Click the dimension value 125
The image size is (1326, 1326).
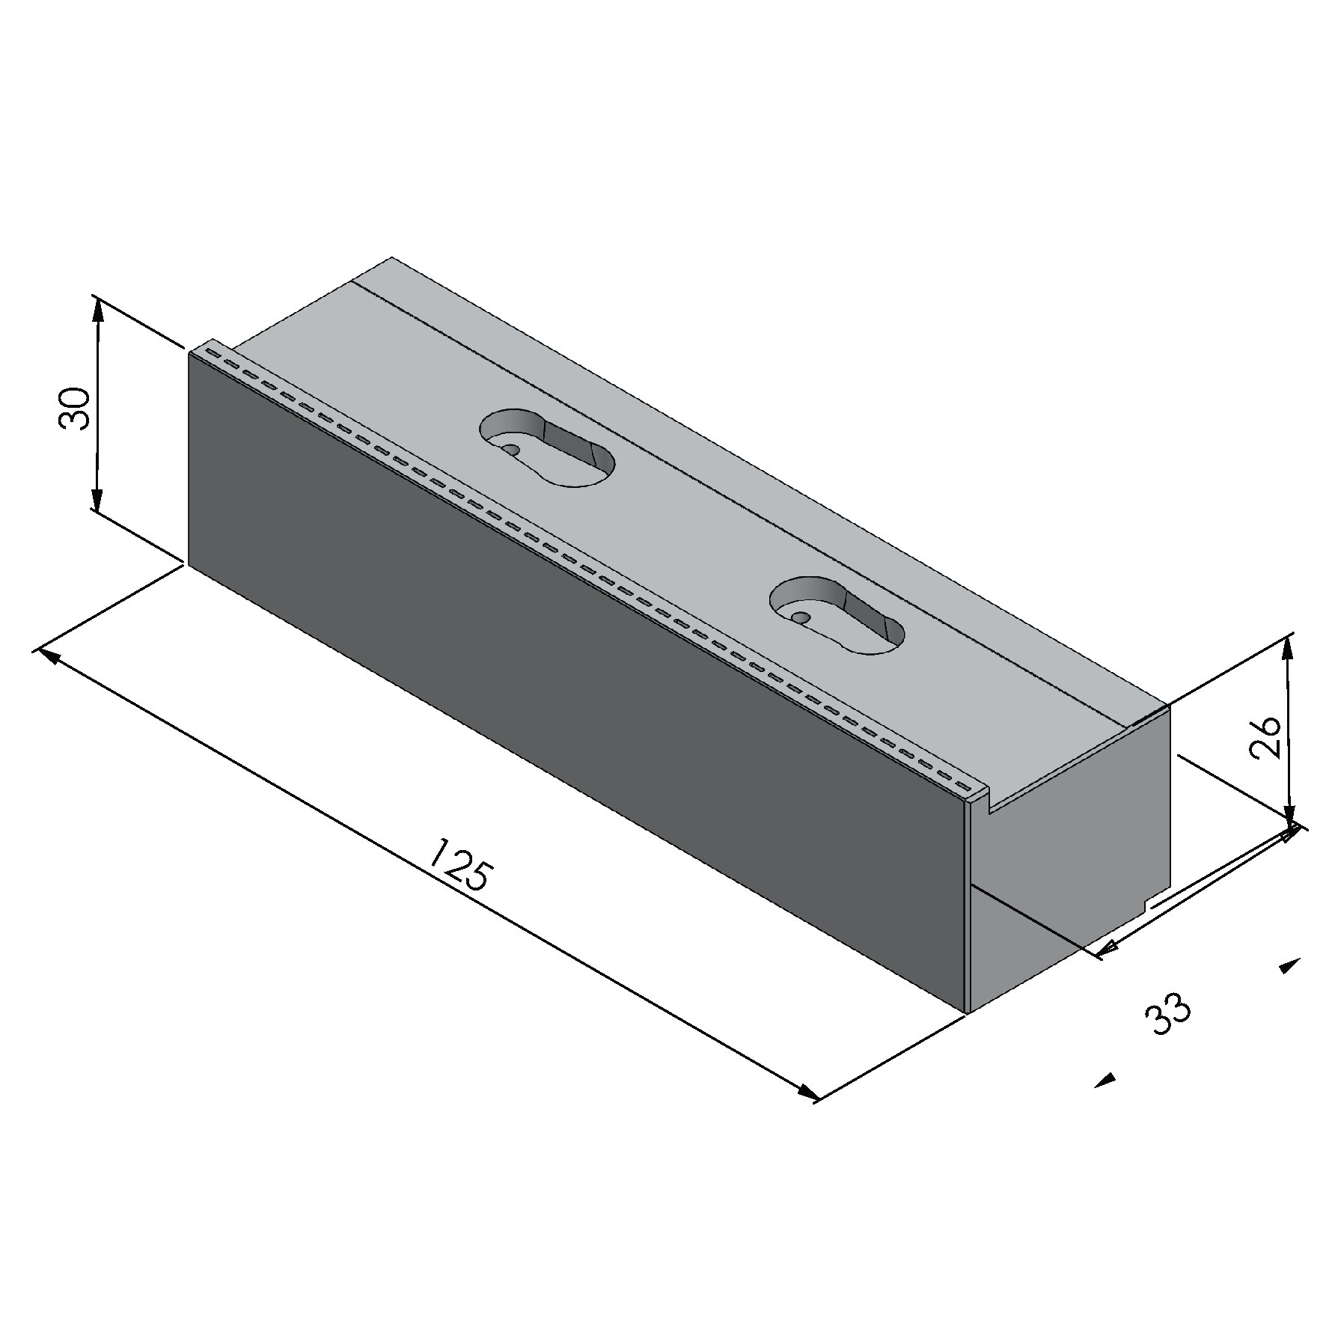(461, 865)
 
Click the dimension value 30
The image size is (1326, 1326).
(74, 409)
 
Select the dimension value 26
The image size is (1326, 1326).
(1266, 737)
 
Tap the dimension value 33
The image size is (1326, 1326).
(1167, 1015)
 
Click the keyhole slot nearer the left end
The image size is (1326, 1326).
(546, 448)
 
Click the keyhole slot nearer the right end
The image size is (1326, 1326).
(837, 616)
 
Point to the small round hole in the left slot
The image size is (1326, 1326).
(513, 450)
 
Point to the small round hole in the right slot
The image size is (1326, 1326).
(801, 618)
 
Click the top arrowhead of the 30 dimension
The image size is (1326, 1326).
(98, 308)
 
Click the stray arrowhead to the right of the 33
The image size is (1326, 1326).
(1289, 966)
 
